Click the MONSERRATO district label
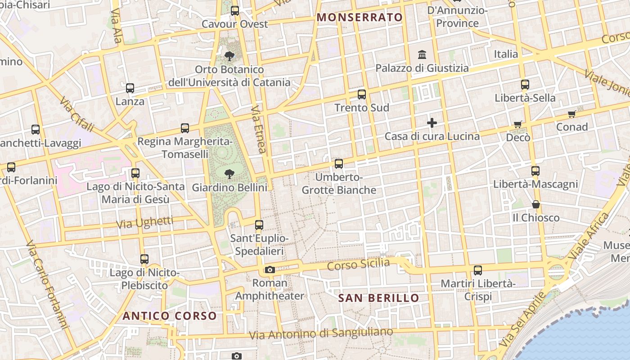coord(360,18)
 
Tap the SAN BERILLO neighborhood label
coord(378,298)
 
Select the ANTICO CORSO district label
coord(170,316)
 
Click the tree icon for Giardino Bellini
coord(229,174)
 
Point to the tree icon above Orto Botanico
coord(229,56)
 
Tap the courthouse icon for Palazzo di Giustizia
coord(422,55)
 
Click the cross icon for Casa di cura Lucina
coord(432,123)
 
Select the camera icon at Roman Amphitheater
coord(270,270)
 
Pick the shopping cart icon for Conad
coord(571,114)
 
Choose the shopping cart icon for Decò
coord(518,124)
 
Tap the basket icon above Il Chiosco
coord(536,205)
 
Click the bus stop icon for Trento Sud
coord(362,94)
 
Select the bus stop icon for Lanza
coord(130,88)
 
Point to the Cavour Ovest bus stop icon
coord(235,11)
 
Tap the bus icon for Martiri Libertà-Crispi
coord(477,270)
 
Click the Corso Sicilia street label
coord(358,264)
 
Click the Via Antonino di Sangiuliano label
coord(321,333)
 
